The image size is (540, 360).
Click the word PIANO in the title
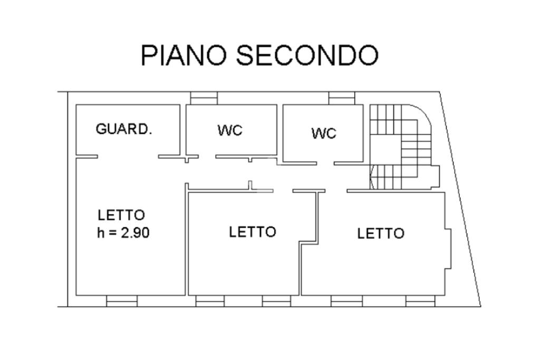(183, 55)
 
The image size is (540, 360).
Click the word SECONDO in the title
(306, 55)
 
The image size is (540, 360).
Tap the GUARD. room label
(124, 129)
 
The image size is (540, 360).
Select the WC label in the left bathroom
(230, 130)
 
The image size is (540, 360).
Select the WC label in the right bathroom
(323, 133)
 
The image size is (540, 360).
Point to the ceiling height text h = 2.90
(123, 232)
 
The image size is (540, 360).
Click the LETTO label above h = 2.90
(121, 215)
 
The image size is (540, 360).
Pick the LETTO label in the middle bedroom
(253, 232)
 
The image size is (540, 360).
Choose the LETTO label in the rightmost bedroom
(381, 233)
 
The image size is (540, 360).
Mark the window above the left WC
(204, 98)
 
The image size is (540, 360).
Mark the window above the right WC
(342, 98)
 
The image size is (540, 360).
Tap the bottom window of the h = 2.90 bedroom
(122, 301)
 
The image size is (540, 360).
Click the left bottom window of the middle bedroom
(210, 301)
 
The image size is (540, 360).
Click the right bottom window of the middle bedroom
(276, 301)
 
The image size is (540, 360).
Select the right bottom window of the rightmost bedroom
(420, 301)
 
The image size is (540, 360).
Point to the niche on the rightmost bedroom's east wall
(448, 248)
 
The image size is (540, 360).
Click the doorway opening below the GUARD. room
(128, 156)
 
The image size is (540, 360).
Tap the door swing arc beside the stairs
(372, 177)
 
